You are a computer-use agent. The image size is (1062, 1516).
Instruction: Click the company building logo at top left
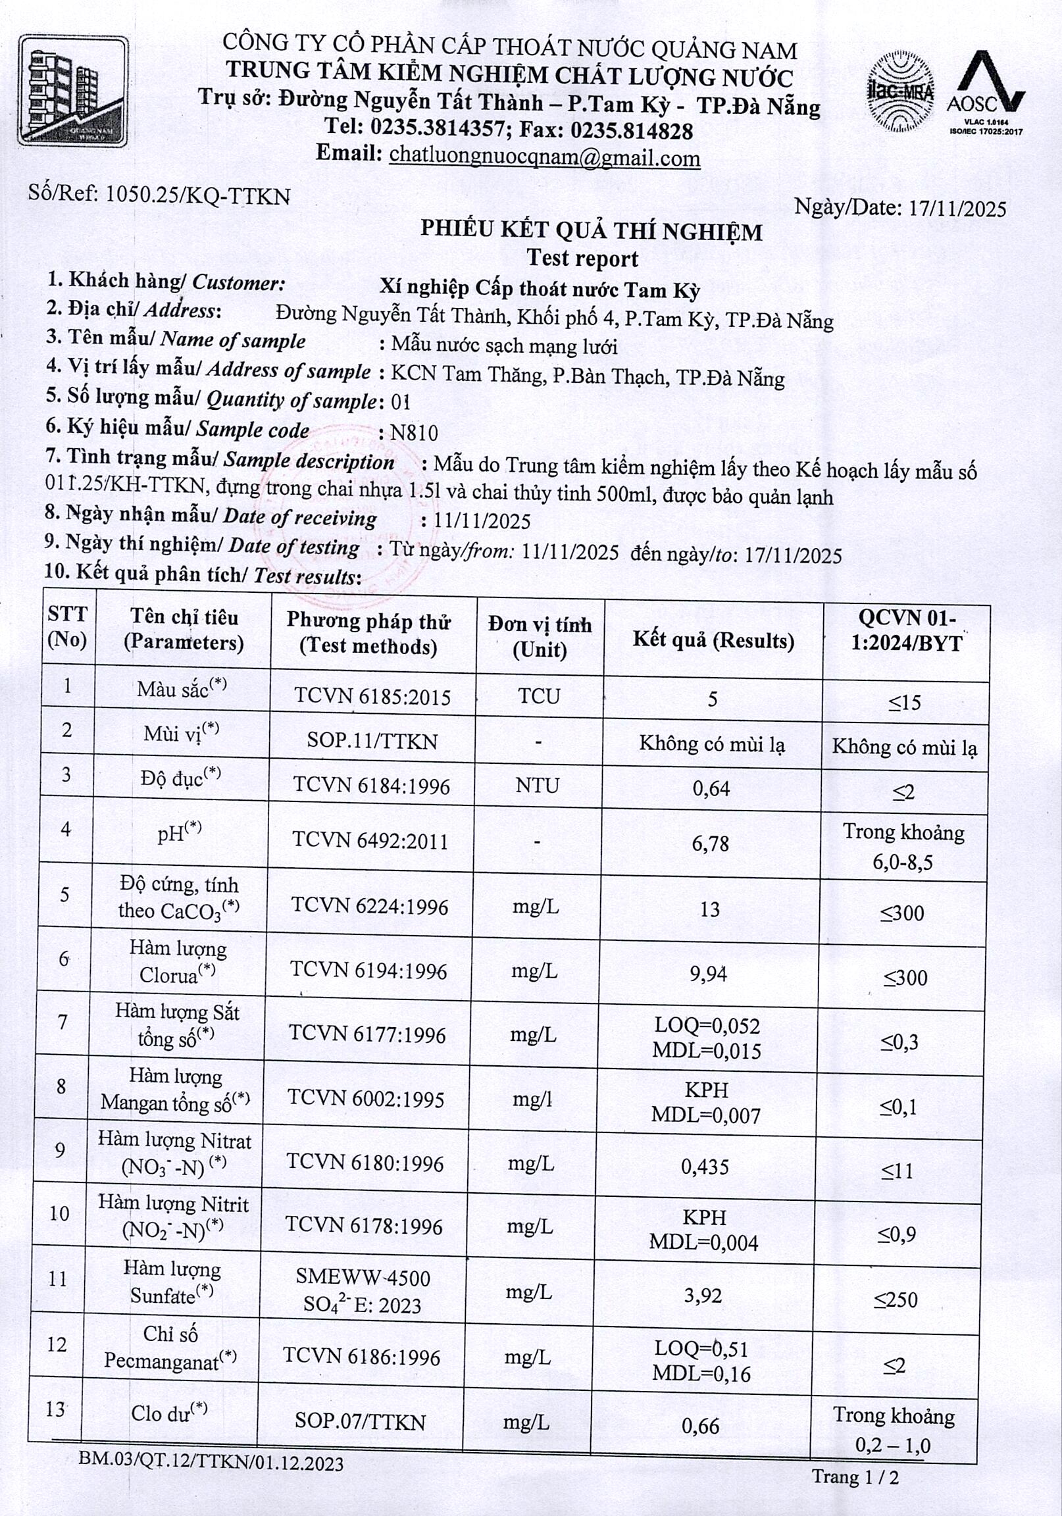(72, 90)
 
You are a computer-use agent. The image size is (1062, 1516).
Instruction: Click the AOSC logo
(986, 90)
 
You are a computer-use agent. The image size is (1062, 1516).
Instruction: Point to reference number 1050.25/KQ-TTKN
(197, 195)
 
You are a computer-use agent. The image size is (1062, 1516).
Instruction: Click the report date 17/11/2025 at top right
(957, 209)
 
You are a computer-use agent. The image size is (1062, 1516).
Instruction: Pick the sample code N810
(414, 432)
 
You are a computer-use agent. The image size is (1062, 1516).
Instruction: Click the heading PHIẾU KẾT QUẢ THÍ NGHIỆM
(591, 230)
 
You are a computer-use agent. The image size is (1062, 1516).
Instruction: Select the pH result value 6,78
(710, 843)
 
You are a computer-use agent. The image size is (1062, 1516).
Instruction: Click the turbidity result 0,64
(711, 788)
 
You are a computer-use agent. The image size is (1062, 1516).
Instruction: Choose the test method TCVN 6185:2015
(372, 697)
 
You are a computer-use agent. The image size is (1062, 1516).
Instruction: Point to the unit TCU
(539, 696)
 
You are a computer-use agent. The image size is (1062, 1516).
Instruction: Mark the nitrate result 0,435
(705, 1167)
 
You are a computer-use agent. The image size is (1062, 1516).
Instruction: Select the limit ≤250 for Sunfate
(896, 1300)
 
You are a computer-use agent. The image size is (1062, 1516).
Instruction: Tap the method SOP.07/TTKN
(360, 1420)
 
